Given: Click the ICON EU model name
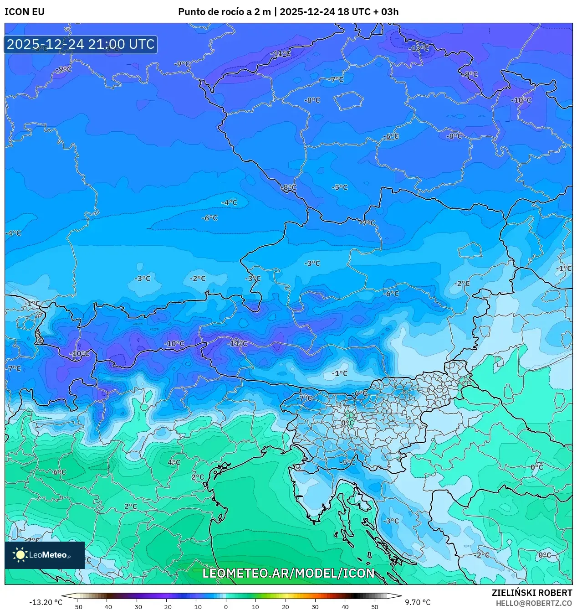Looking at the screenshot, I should [x=25, y=12].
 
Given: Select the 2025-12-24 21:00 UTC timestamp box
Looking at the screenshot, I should [x=81, y=44].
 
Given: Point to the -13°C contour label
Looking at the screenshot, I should [x=419, y=48].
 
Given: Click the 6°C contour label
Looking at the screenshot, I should [x=60, y=472].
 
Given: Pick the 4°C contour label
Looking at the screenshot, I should [x=174, y=462].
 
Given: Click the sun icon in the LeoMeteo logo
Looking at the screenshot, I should [x=20, y=555].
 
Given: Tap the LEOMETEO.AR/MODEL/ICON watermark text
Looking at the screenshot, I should [x=288, y=573].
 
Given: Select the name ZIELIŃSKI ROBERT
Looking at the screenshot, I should [x=531, y=593].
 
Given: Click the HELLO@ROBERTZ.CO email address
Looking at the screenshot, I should [x=534, y=603].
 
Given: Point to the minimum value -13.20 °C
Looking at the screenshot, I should [x=46, y=602].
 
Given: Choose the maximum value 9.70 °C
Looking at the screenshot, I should [x=418, y=602].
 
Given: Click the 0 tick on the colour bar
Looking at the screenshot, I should [x=226, y=606].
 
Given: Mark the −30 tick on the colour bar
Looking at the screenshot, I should [x=136, y=606].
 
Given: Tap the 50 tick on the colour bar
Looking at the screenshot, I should [x=375, y=606].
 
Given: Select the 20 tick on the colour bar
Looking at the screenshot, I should [x=286, y=606].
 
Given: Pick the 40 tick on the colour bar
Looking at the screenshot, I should [x=345, y=606].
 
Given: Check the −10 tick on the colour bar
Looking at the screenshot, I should [x=196, y=606].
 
